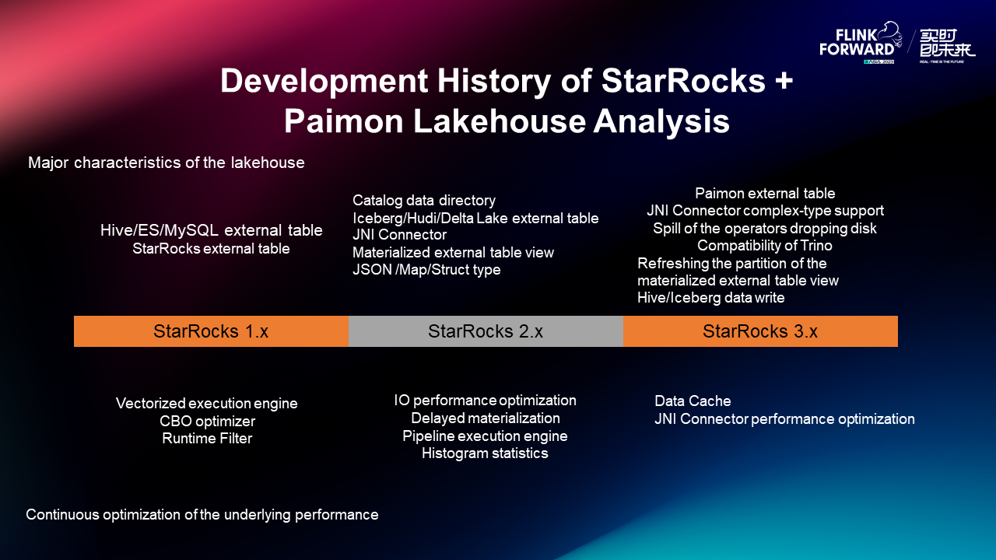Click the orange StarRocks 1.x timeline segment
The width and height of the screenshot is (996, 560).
[x=211, y=331]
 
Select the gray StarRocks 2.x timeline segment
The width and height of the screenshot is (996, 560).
[x=486, y=331]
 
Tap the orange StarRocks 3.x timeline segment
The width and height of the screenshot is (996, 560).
[x=760, y=331]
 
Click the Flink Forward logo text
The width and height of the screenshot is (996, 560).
[x=857, y=43]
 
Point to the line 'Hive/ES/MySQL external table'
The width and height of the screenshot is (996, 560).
[x=211, y=230]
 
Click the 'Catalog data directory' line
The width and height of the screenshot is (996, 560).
[x=423, y=201]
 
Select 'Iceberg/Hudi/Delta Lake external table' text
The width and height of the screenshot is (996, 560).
[x=475, y=218]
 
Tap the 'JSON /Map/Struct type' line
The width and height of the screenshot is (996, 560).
[x=426, y=270]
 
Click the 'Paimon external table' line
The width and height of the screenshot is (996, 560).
[x=765, y=193]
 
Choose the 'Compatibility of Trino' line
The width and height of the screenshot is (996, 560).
[x=765, y=246]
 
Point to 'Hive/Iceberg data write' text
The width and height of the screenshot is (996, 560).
[x=710, y=298]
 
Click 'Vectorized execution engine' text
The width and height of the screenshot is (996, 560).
[x=206, y=404]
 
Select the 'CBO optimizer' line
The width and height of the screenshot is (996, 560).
[x=207, y=422]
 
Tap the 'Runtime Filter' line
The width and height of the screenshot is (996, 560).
[x=207, y=439]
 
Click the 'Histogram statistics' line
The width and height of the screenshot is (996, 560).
[x=485, y=453]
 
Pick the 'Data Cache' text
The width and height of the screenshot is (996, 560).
[x=693, y=401]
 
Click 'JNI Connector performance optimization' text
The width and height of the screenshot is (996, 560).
[x=784, y=419]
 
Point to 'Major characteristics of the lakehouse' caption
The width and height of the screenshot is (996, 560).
[x=166, y=163]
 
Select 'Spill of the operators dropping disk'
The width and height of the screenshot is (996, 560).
[x=765, y=228]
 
